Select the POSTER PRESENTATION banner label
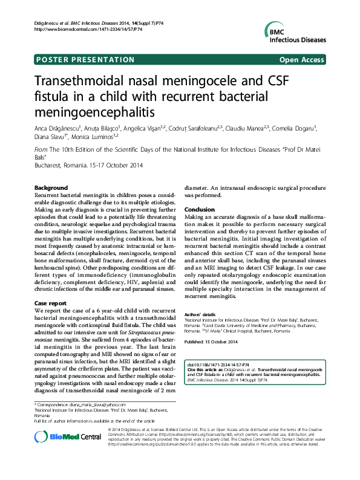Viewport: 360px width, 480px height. click(x=85, y=60)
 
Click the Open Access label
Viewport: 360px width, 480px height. click(x=302, y=60)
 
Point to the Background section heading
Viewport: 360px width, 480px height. click(x=51, y=188)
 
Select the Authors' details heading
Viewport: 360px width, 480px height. click(x=200, y=315)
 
